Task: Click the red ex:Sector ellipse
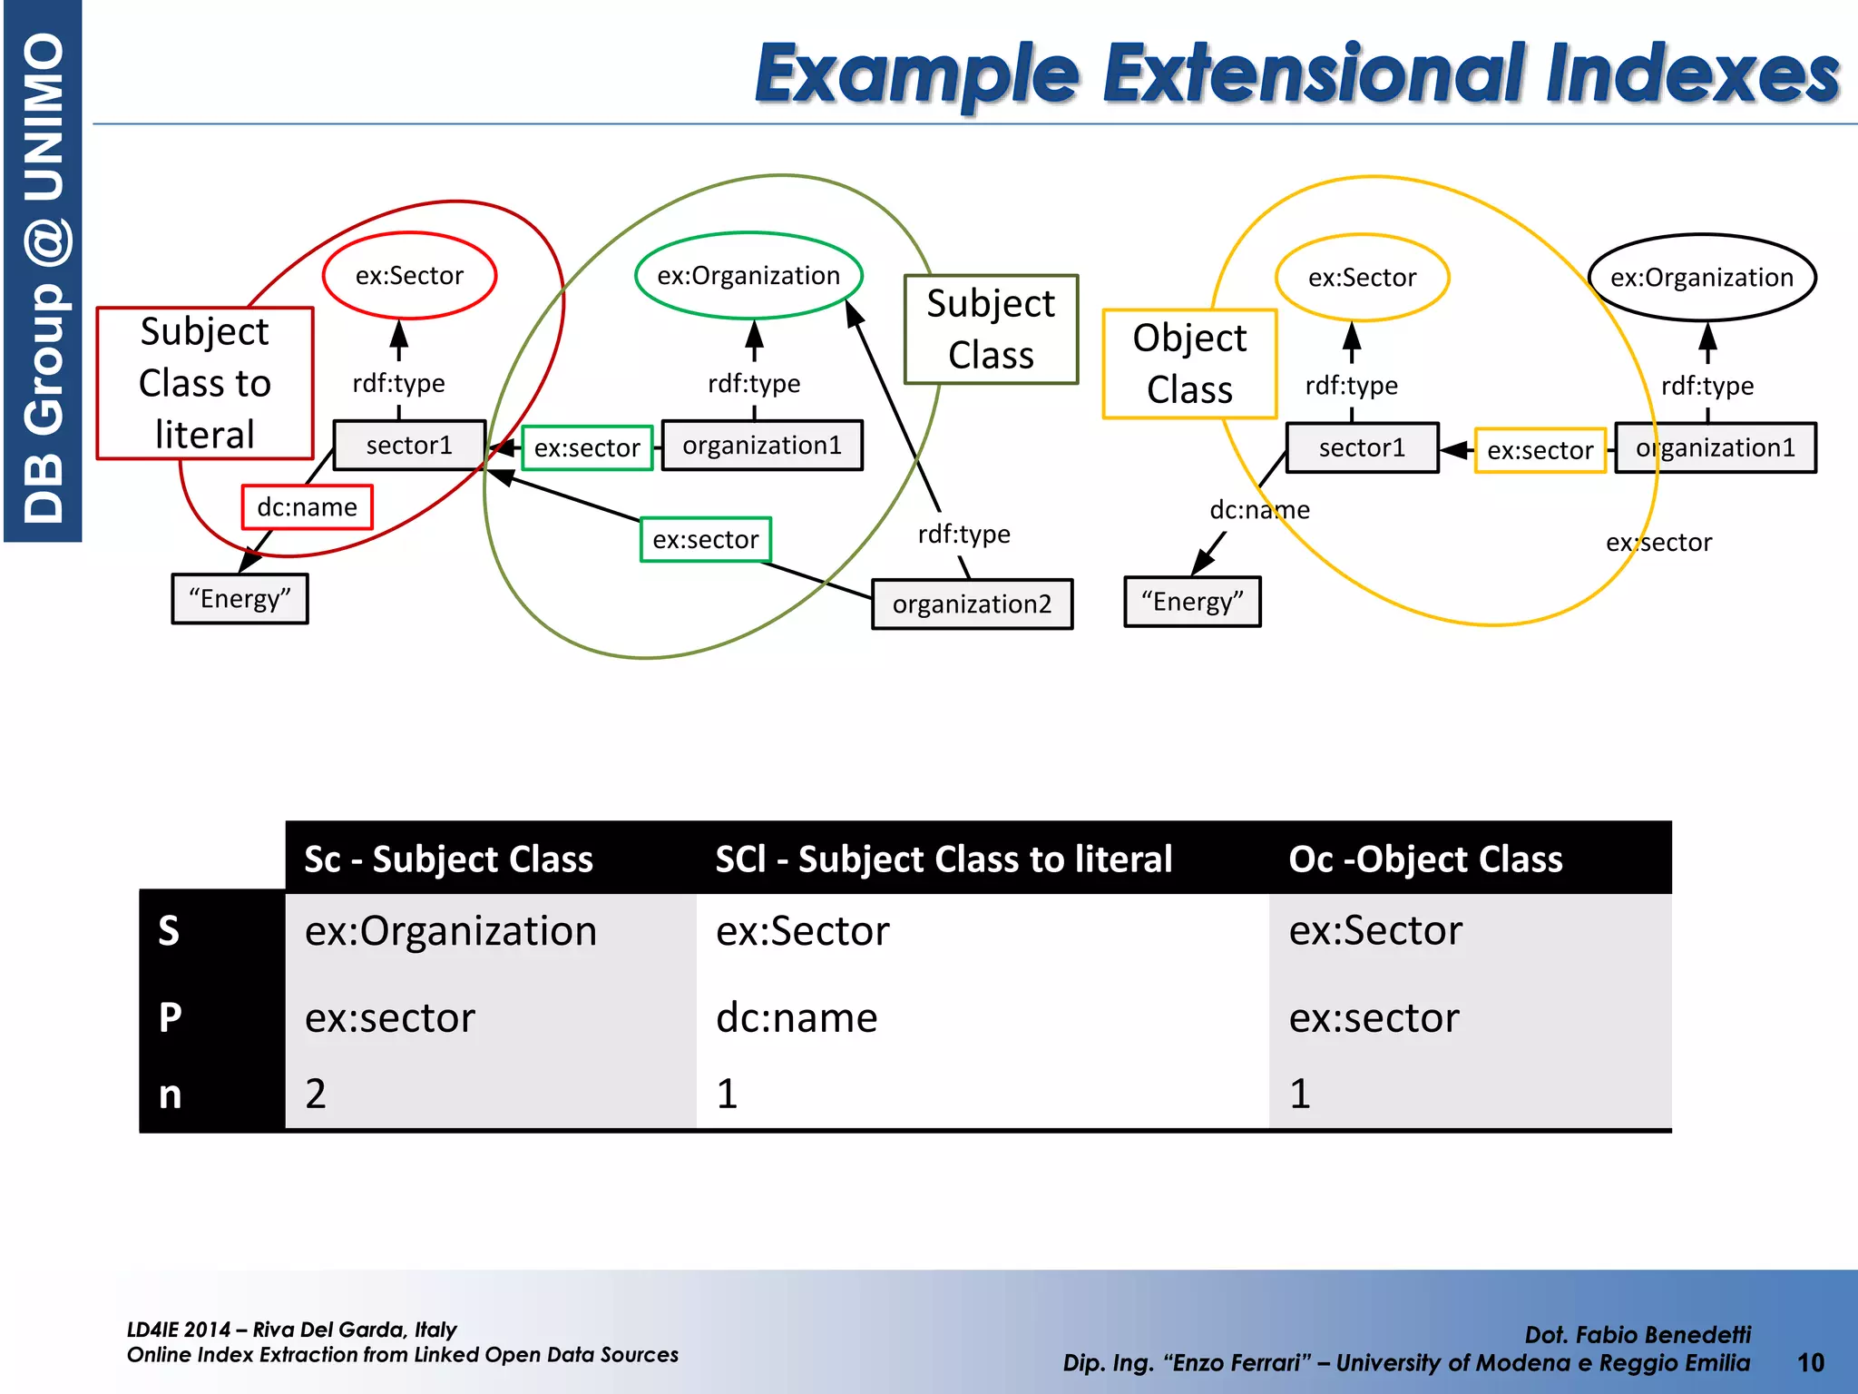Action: pyautogui.click(x=409, y=276)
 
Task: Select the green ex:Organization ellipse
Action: pyautogui.click(x=748, y=276)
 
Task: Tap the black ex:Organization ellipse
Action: pyautogui.click(x=1701, y=278)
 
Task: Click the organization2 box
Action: pyautogui.click(x=972, y=604)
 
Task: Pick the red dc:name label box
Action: pyautogui.click(x=307, y=507)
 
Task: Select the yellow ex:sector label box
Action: pyautogui.click(x=1540, y=451)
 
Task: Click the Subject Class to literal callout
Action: pyautogui.click(x=205, y=383)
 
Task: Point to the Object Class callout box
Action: pyautogui.click(x=1189, y=364)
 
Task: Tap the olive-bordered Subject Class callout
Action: pyautogui.click(x=991, y=329)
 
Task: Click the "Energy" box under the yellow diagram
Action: pyautogui.click(x=1192, y=602)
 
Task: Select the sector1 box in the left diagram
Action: pyautogui.click(x=409, y=446)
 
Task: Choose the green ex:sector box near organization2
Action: pyautogui.click(x=706, y=540)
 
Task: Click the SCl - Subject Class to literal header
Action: pyautogui.click(x=944, y=859)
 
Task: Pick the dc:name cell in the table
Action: pyautogui.click(x=797, y=1018)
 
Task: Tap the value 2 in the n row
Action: pyautogui.click(x=316, y=1094)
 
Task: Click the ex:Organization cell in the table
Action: pyautogui.click(x=451, y=932)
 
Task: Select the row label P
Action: pyautogui.click(x=170, y=1018)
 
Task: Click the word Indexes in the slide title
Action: pyautogui.click(x=1693, y=74)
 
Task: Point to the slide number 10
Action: pyautogui.click(x=1810, y=1362)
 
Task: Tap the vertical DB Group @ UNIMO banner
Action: pyautogui.click(x=44, y=272)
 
